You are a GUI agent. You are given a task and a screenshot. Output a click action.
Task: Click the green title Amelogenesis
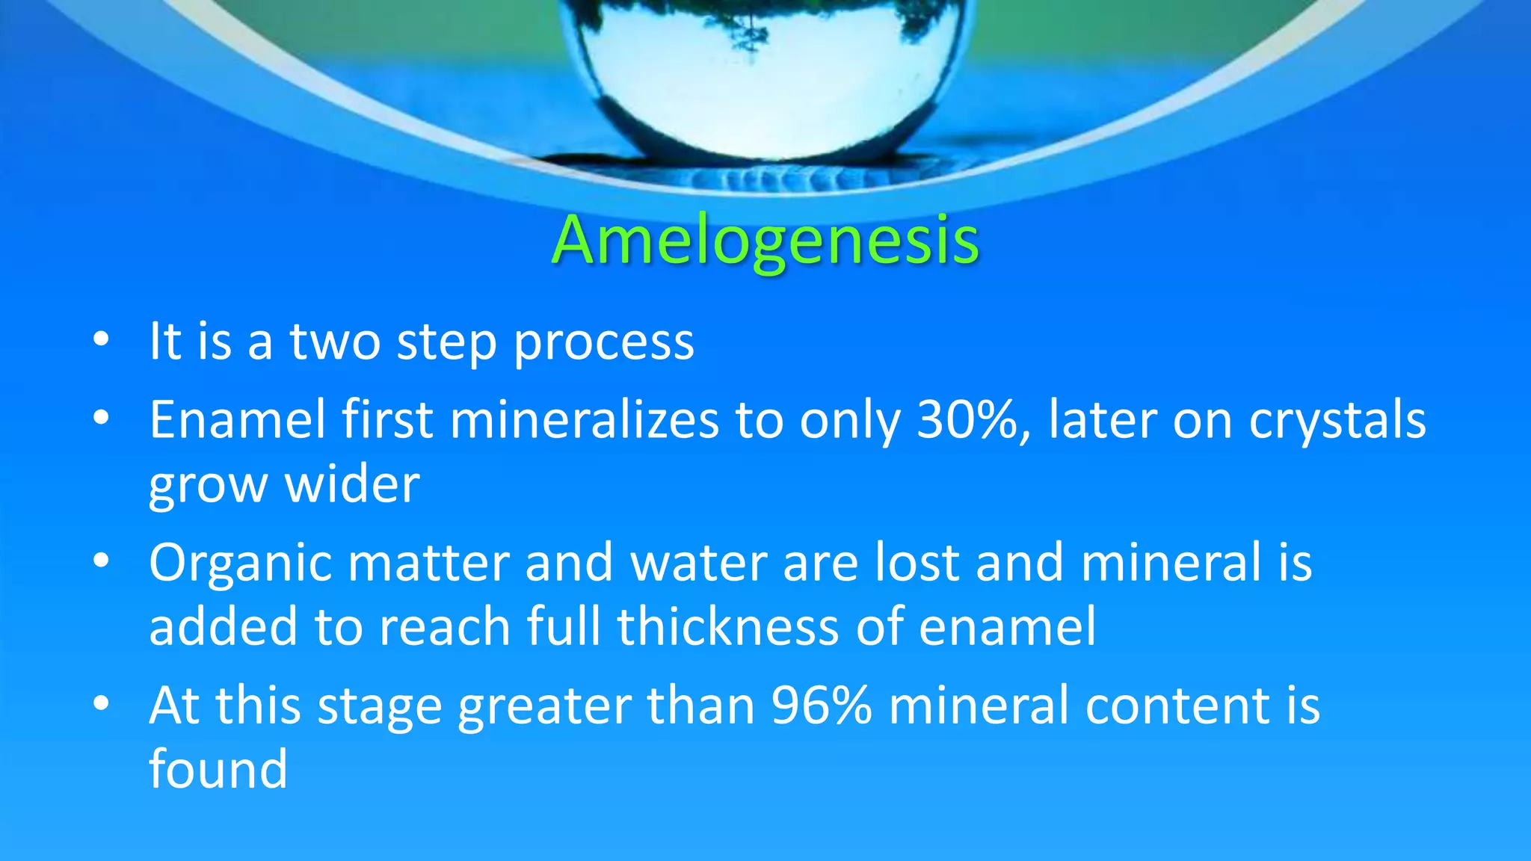tap(765, 241)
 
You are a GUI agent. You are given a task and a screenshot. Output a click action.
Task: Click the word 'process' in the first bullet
tap(604, 342)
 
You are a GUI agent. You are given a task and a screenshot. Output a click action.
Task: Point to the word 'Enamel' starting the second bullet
tap(237, 420)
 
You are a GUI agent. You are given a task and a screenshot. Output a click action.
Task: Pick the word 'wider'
tap(352, 484)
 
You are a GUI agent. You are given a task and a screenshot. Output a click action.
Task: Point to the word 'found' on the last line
tap(218, 769)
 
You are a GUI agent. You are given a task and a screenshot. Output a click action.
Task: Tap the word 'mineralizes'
tap(584, 420)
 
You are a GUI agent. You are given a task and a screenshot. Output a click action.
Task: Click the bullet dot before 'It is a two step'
tap(101, 340)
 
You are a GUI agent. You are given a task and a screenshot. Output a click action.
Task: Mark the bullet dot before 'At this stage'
tap(101, 703)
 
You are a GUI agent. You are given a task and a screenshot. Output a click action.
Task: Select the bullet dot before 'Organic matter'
tap(101, 561)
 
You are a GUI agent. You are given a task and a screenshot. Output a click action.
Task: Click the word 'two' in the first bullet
tap(334, 342)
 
